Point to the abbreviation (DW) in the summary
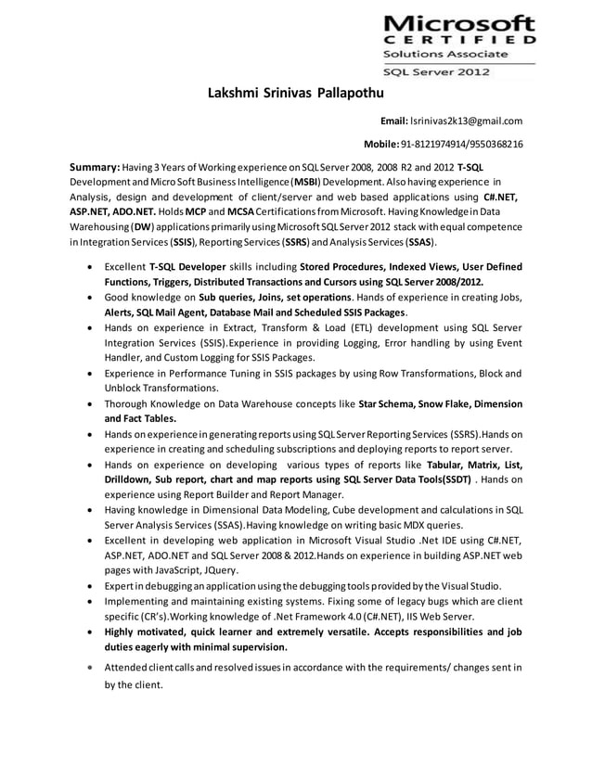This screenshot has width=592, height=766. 143,227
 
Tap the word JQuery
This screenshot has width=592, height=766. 220,570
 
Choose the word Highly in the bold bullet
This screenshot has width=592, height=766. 123,632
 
